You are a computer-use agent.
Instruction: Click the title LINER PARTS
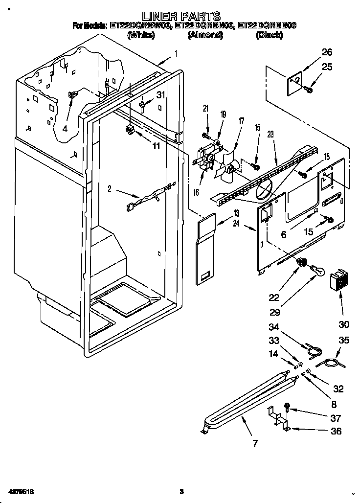coord(180,16)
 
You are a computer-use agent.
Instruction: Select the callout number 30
coord(344,324)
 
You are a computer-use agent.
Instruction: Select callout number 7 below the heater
coord(254,444)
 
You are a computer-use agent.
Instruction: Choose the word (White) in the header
coord(141,35)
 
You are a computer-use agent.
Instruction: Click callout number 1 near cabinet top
coord(175,54)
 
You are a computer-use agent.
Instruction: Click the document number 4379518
coord(20,491)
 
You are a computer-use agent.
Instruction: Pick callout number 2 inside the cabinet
coord(110,188)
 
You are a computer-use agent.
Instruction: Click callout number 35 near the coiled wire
coord(344,341)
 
